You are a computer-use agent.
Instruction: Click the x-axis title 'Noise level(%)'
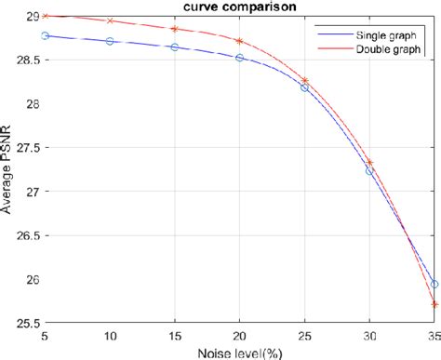click(239, 352)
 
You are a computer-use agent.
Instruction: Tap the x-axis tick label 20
click(239, 335)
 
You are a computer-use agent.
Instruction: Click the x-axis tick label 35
click(433, 335)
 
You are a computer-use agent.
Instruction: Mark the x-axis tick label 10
click(110, 335)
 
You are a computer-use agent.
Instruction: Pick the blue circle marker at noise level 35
click(434, 284)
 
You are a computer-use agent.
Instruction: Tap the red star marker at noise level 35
click(434, 304)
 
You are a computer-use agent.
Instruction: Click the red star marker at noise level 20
click(239, 41)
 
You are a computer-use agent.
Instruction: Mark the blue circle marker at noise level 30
click(369, 171)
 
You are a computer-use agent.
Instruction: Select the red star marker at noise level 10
click(110, 20)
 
